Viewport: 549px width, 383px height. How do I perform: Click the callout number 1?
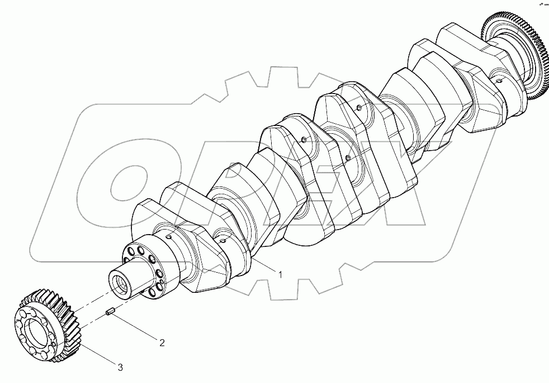280,274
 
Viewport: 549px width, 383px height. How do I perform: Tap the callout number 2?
162,343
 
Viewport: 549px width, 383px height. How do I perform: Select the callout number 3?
120,367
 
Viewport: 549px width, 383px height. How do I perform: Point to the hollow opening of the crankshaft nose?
120,279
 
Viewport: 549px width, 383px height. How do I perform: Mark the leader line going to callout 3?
95,354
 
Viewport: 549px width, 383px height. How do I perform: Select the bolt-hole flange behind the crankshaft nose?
144,268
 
